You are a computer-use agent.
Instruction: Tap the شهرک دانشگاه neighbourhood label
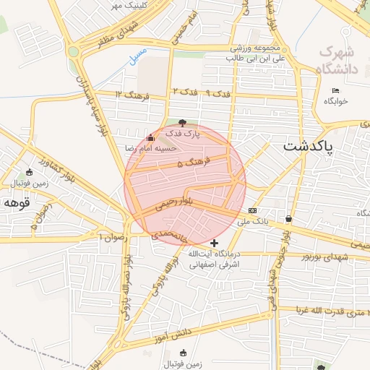[337, 61]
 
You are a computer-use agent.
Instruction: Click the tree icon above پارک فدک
[181, 123]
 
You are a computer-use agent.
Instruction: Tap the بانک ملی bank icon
[252, 210]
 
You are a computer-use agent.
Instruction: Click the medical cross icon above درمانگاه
[213, 243]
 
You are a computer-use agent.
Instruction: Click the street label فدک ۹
[215, 94]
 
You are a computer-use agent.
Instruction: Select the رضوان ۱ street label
[112, 236]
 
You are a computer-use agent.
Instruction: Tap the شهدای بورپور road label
[326, 257]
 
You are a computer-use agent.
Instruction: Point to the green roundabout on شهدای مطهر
[74, 51]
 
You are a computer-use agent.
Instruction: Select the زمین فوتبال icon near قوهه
[29, 172]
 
